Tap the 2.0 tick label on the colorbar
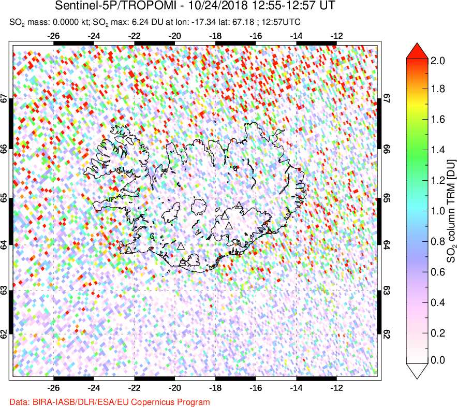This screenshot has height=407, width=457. [438, 60]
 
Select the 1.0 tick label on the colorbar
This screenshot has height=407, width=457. [438, 211]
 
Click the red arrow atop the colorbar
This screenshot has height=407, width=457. [419, 51]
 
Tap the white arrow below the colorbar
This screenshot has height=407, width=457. [419, 370]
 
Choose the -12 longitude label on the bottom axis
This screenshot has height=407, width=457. [337, 387]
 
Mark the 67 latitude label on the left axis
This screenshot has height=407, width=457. [4, 98]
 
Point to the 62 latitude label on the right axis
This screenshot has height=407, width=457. [386, 335]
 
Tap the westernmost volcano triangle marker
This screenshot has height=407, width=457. [129, 250]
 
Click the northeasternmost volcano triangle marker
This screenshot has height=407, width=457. [238, 206]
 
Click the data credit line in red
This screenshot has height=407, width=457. [110, 401]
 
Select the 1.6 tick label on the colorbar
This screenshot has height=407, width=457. [438, 120]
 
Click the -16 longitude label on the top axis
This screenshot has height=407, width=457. [256, 36]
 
